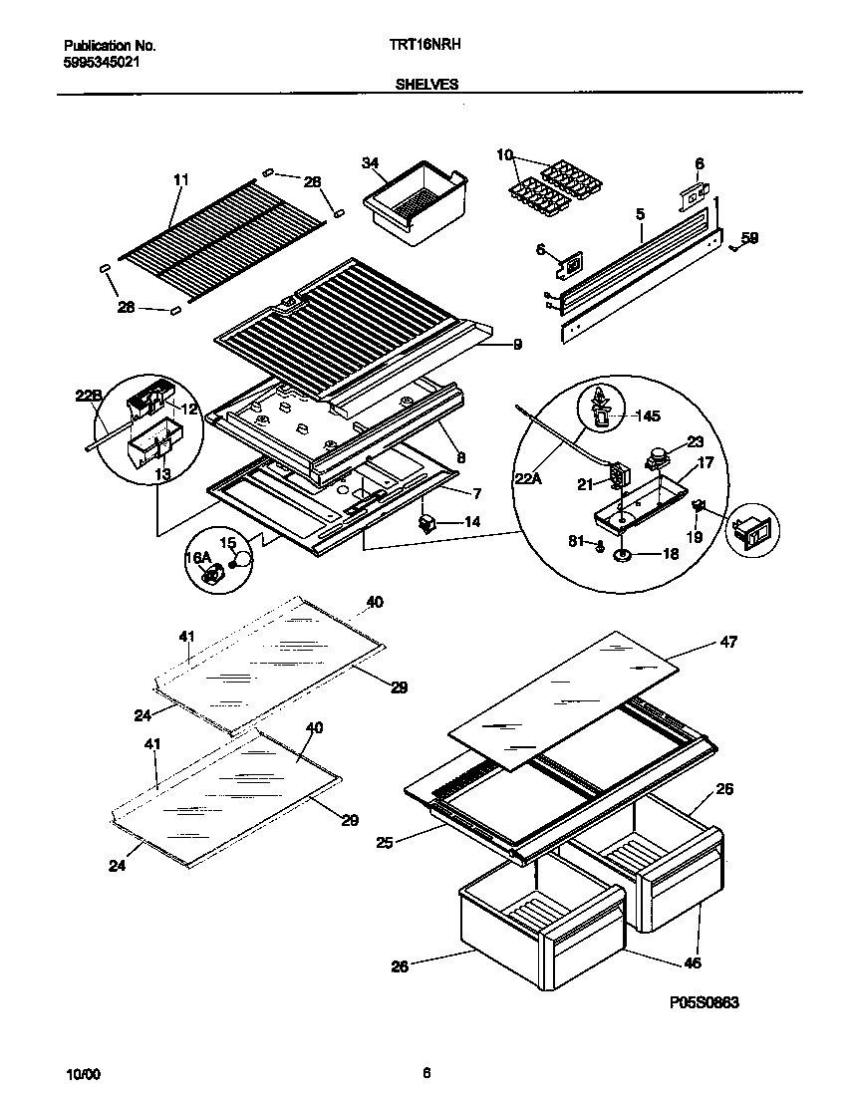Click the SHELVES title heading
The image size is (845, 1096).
[x=425, y=86]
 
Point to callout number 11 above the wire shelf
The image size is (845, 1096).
[x=180, y=180]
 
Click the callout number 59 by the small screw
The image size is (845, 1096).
[x=750, y=237]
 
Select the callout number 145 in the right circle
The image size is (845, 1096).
[x=648, y=415]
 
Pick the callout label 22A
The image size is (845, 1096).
[x=528, y=479]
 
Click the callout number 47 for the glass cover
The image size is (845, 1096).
[x=728, y=643]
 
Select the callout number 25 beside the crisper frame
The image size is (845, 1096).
[x=386, y=843]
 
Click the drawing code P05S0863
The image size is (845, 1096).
[x=697, y=1003]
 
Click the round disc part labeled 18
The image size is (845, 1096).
[x=624, y=556]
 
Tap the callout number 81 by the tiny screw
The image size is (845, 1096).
[x=576, y=543]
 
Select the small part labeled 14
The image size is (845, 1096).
[x=426, y=522]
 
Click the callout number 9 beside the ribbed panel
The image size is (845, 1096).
[x=518, y=346]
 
